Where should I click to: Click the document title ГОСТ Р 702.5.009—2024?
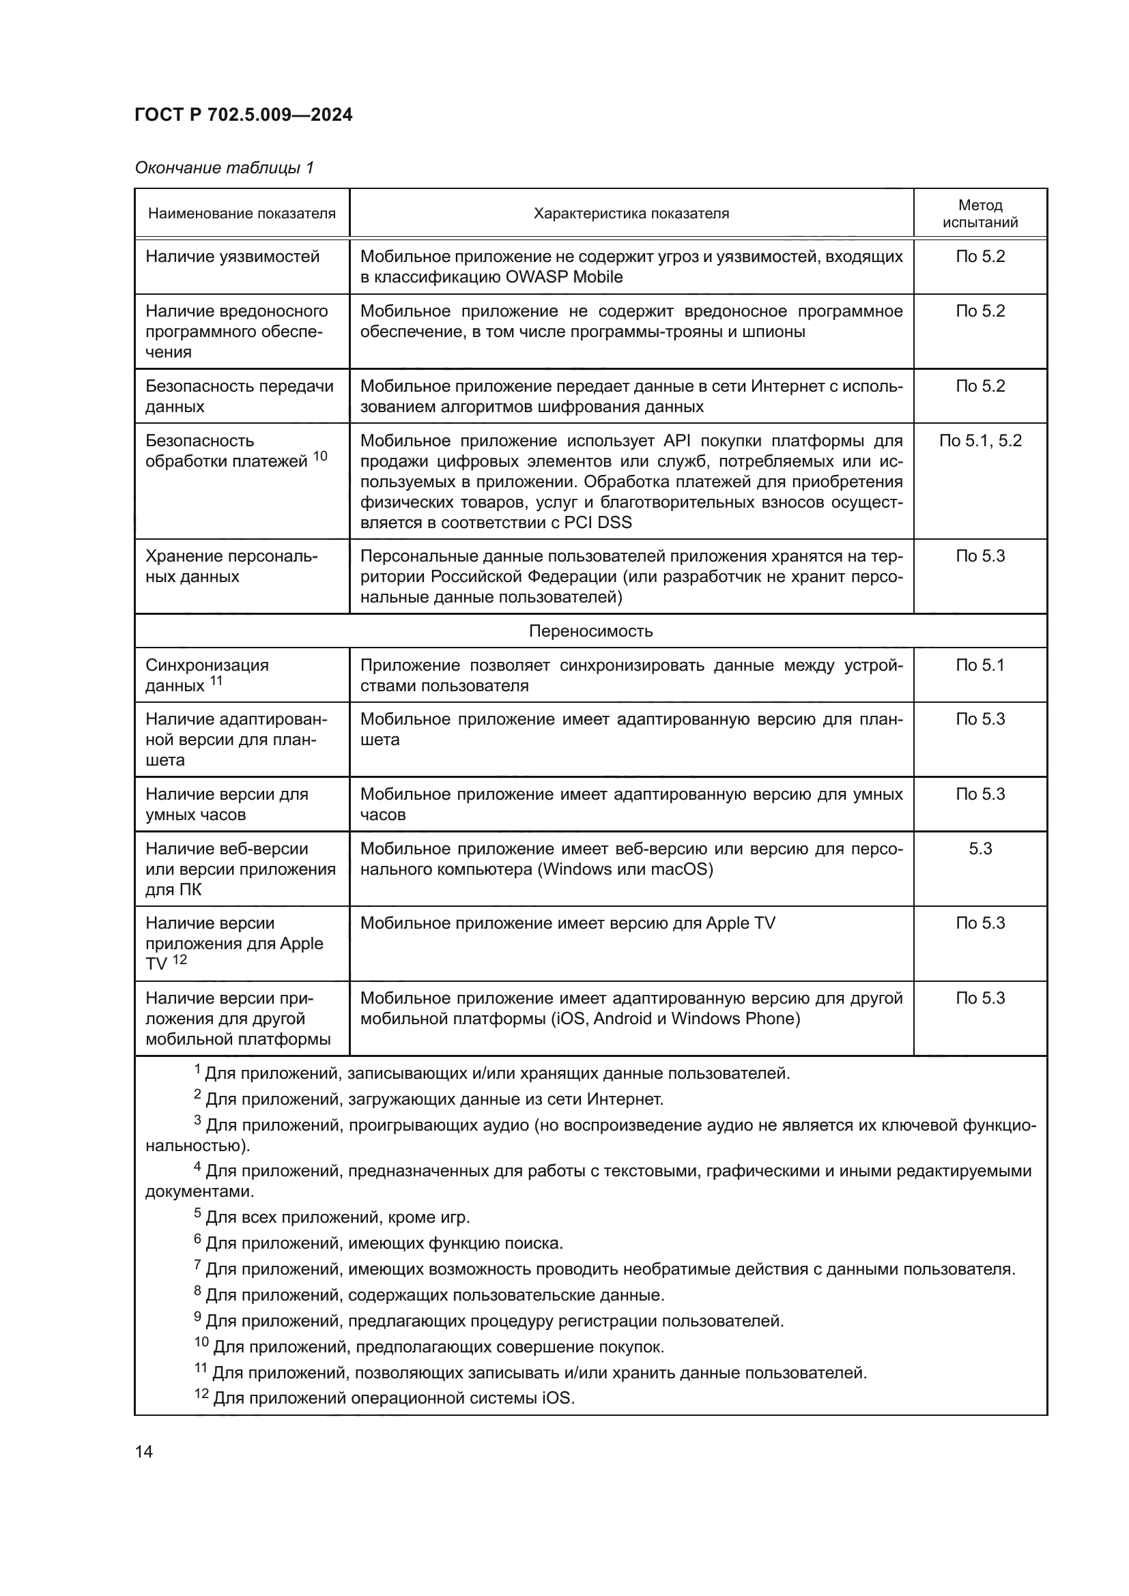click(243, 115)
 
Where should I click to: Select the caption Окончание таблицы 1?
click(224, 168)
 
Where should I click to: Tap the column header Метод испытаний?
click(980, 214)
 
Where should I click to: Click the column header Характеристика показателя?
click(631, 214)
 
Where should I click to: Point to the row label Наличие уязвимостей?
click(232, 257)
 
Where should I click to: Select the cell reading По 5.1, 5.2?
click(980, 441)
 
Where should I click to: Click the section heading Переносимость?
click(590, 630)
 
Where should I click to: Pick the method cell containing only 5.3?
click(980, 848)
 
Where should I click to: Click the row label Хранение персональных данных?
click(231, 566)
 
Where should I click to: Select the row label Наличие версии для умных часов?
click(227, 804)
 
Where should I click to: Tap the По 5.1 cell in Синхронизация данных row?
click(980, 665)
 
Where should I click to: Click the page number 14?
click(143, 1451)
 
